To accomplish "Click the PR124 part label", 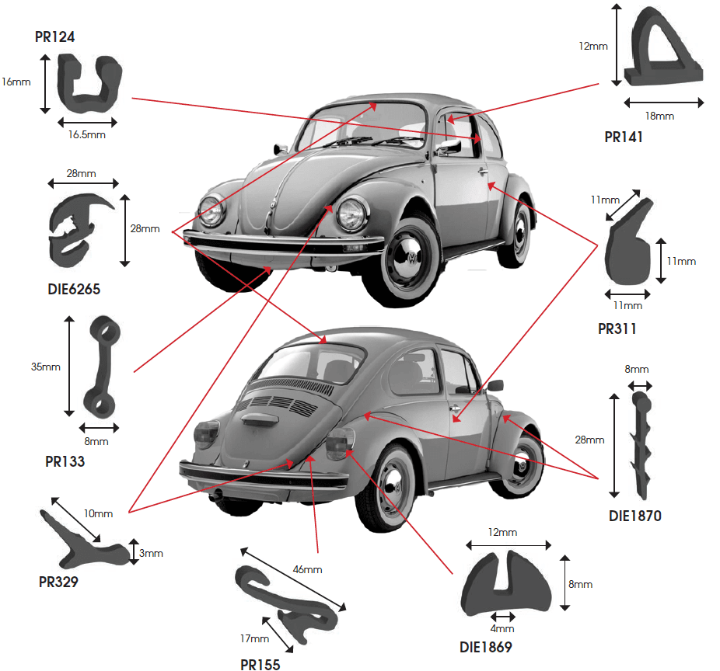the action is point(54,37).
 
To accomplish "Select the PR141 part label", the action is point(623,137).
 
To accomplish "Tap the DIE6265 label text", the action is point(74,289).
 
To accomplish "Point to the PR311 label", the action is point(617,329).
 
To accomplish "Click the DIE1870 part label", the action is point(635,516).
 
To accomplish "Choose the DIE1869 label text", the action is point(486,647).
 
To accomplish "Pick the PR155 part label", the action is point(260,665).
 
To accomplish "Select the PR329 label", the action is point(58,582).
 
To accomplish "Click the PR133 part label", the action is point(65,461).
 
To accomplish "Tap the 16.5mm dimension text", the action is point(87,135).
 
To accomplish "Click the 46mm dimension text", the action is point(307,569).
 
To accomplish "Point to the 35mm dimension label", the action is point(45,367).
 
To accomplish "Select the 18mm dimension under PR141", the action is point(659,116).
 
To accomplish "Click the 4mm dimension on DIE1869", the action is point(502,628).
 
